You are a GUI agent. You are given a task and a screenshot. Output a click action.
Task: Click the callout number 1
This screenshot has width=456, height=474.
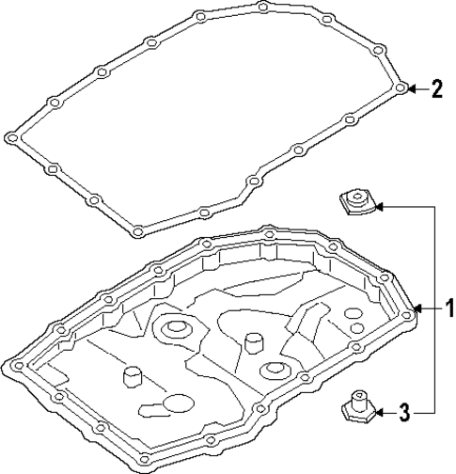click(449, 308)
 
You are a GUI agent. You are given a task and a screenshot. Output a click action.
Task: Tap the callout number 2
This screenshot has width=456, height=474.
click(436, 89)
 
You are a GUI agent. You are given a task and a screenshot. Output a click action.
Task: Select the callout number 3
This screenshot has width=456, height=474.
click(403, 410)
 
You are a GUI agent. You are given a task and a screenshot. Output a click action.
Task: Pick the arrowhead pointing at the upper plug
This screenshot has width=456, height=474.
click(379, 203)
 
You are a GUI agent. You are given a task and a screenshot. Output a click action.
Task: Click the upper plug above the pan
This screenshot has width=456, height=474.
click(356, 201)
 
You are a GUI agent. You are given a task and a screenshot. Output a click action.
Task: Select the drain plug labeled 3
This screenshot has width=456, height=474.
click(355, 406)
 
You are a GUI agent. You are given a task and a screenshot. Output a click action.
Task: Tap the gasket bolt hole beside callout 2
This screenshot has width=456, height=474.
click(401, 88)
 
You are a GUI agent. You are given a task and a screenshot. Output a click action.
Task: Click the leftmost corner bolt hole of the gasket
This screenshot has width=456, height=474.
click(11, 138)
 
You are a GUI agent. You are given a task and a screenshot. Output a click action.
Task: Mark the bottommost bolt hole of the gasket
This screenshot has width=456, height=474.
click(137, 231)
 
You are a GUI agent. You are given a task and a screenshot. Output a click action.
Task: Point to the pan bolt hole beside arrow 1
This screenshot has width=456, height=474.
click(410, 308)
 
